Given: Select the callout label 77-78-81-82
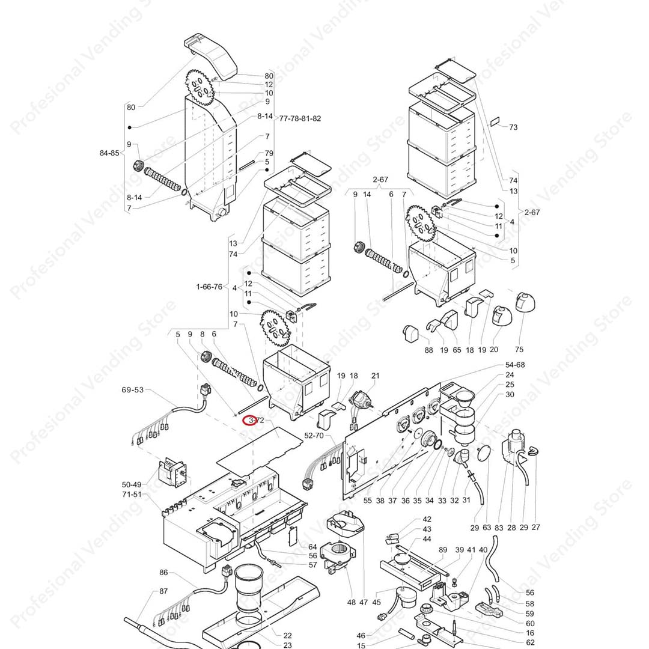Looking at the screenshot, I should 300,118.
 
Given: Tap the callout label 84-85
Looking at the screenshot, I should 109,153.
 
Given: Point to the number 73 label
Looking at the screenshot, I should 513,127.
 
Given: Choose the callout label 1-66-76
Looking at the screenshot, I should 209,287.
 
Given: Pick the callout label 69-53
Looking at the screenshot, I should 133,390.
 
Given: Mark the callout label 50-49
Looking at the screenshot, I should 132,484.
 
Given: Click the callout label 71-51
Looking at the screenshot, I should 132,495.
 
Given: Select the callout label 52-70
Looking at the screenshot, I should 314,435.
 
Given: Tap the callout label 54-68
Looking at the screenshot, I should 515,365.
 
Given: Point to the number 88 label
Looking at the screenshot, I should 428,350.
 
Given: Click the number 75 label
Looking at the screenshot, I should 519,350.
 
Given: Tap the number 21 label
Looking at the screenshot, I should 376,376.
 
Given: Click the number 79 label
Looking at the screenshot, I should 269,153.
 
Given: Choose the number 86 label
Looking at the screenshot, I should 163,573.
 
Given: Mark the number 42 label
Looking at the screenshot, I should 427,519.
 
